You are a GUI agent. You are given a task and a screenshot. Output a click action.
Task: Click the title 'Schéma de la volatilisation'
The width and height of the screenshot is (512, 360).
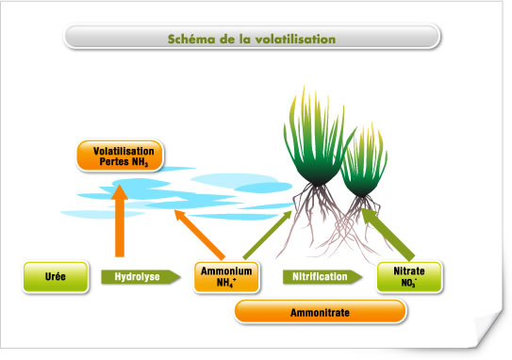(251, 39)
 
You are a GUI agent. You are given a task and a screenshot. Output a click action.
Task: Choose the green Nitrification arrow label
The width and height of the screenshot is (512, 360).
(322, 277)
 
